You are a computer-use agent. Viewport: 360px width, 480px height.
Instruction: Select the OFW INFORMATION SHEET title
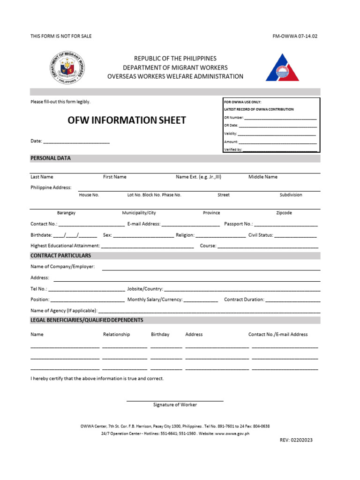coord(127,120)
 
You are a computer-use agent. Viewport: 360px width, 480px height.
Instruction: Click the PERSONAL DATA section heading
coord(51,158)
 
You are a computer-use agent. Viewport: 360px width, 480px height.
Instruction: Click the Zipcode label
coord(284,213)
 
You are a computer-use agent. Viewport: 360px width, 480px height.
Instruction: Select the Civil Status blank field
coord(295,236)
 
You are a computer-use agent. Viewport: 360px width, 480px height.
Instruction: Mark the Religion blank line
coord(220,236)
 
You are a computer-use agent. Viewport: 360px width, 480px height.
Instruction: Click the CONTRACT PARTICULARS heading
coord(61,256)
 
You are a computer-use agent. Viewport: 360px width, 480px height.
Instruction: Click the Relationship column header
coord(116,335)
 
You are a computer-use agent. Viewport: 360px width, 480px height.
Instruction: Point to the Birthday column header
coord(160,335)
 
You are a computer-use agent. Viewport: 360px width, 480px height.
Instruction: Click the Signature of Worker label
coord(175,405)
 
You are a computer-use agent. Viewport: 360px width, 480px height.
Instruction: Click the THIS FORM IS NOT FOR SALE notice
coord(54,36)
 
